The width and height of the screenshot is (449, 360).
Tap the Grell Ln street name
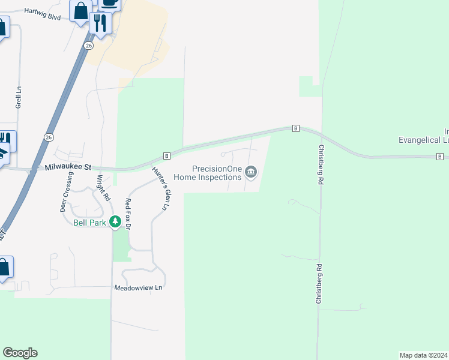19,97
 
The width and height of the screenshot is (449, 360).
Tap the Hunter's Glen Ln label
159,188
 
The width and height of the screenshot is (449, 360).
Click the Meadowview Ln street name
139,288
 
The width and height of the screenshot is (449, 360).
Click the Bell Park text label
89,223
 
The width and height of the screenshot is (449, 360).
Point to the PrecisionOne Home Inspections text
208,173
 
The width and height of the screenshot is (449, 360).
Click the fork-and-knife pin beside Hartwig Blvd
100,23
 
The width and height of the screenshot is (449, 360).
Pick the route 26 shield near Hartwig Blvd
89,46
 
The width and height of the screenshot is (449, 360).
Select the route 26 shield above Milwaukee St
48,137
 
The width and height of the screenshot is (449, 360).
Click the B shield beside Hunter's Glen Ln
167,155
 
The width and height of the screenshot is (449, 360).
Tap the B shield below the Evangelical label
441,157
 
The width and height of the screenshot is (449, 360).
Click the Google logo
20,353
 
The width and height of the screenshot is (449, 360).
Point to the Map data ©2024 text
423,355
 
